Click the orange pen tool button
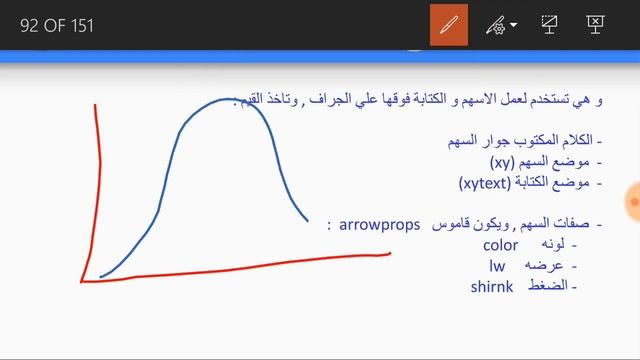point(449,25)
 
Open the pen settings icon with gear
point(497,25)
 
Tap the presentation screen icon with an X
point(595,25)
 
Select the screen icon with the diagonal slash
point(549,25)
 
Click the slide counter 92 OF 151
point(57,26)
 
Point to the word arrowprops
point(379,226)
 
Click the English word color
point(500,245)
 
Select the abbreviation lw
point(497,266)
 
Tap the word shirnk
point(491,287)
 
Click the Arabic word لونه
point(552,246)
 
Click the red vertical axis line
point(92,190)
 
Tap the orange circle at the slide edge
point(633,202)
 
